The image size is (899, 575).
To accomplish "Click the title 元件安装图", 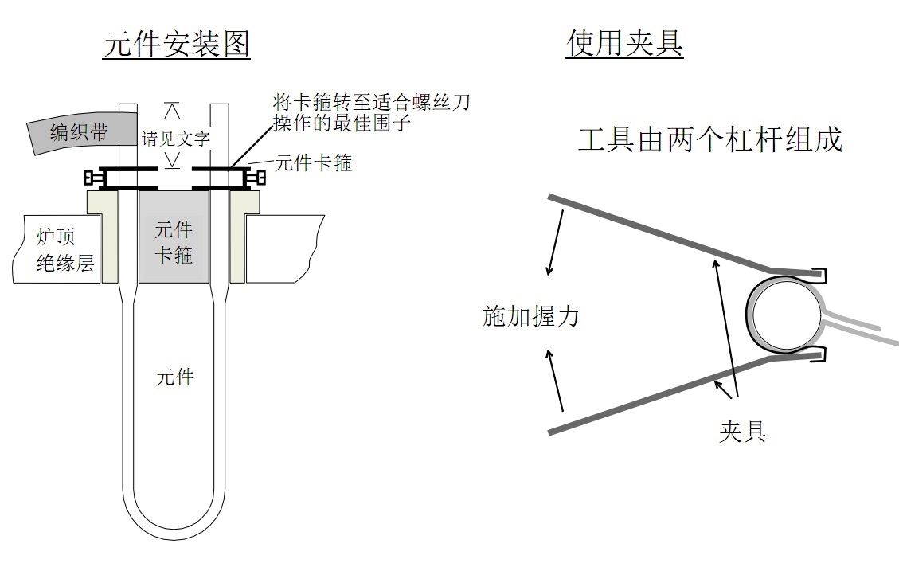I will [177, 44].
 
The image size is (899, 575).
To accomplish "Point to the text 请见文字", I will [175, 138].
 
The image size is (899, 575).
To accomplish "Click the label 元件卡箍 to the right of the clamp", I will [313, 163].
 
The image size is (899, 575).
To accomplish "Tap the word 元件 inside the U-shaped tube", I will [174, 377].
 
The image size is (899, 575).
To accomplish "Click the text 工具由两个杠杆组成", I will [709, 140].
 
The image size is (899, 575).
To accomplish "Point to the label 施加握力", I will [530, 316].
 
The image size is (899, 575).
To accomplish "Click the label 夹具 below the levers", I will [741, 432].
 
